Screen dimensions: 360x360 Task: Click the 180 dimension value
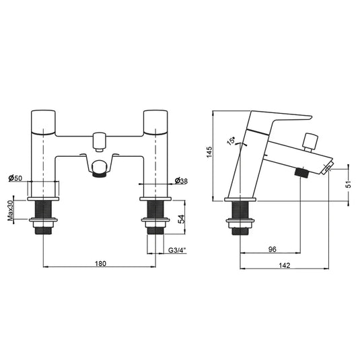click(100, 264)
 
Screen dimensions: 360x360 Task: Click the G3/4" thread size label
click(178, 251)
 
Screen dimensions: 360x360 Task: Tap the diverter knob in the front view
click(100, 140)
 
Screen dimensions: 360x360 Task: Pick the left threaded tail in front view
click(44, 219)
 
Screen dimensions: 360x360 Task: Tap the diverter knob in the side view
click(310, 141)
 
